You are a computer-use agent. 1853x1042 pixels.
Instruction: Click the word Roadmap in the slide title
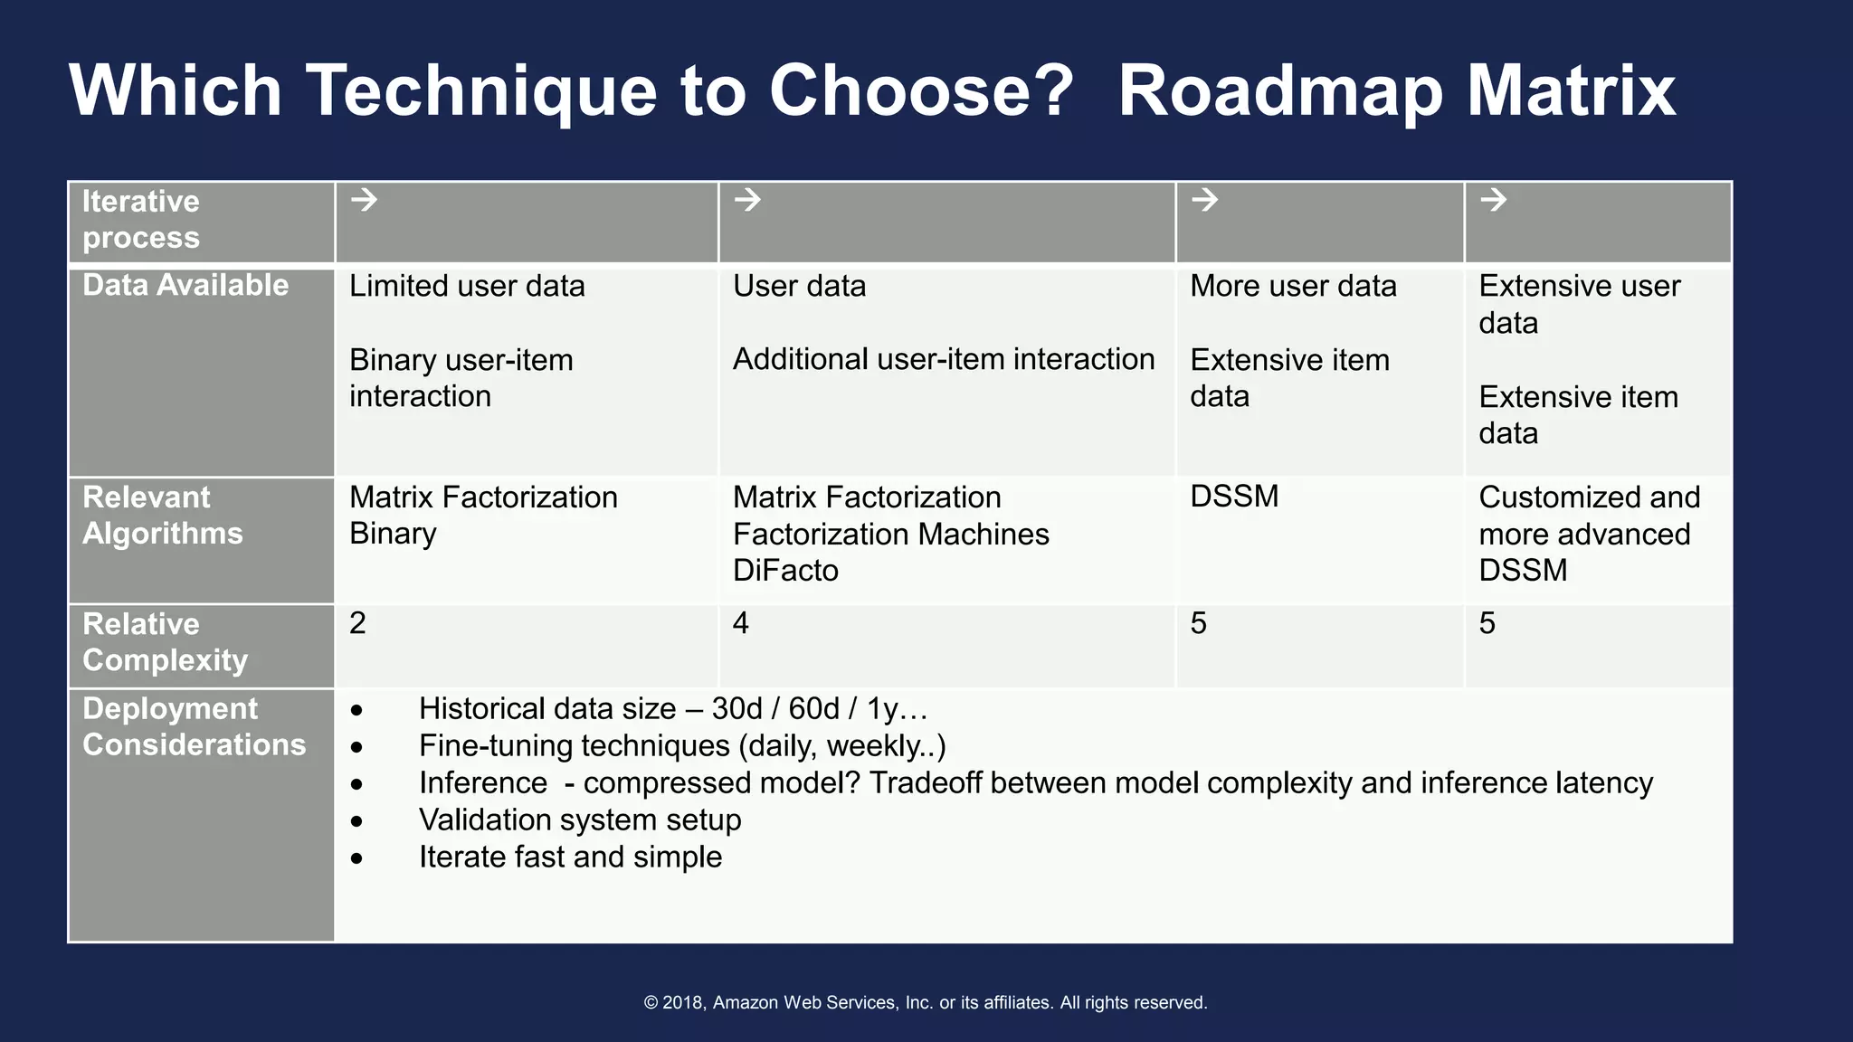click(x=1280, y=91)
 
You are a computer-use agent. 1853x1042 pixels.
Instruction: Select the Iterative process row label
click(x=141, y=219)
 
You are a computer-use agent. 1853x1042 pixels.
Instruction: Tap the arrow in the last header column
click(x=1493, y=199)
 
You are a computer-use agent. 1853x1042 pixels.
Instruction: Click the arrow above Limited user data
click(x=364, y=199)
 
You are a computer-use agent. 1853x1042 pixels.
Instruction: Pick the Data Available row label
click(x=185, y=286)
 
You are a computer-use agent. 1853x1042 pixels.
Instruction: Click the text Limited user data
click(x=467, y=287)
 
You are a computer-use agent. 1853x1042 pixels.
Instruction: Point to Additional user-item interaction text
click(x=943, y=359)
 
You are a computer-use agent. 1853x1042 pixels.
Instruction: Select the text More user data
click(x=1293, y=287)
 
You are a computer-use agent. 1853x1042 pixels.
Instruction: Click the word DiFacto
click(x=785, y=571)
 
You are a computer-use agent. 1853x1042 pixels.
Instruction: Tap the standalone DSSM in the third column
click(x=1234, y=497)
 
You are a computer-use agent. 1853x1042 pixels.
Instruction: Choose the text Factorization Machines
click(x=890, y=535)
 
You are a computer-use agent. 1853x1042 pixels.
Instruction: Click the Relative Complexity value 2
click(x=357, y=623)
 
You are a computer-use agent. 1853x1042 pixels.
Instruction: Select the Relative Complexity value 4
click(x=740, y=623)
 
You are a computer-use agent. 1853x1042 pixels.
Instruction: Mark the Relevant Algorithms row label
click(x=163, y=516)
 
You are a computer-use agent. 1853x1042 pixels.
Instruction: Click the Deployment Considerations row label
click(x=194, y=726)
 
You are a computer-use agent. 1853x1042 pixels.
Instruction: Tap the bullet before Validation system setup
click(x=356, y=821)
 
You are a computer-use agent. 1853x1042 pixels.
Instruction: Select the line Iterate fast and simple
click(x=570, y=857)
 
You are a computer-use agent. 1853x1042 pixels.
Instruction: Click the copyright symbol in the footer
click(x=651, y=1003)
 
